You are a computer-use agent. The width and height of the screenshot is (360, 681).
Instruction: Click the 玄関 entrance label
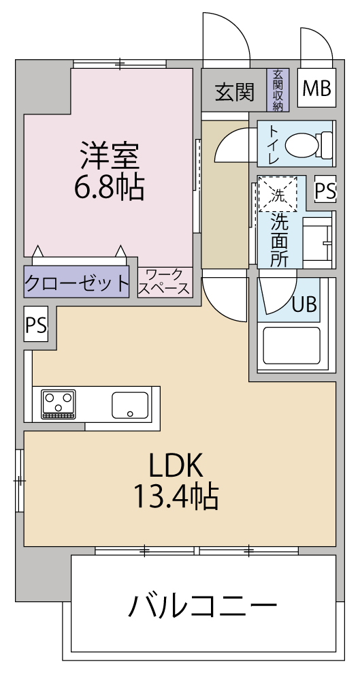[x=235, y=92]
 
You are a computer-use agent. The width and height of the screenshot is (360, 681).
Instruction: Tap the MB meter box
[x=316, y=88]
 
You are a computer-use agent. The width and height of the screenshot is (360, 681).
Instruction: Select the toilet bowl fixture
[x=309, y=144]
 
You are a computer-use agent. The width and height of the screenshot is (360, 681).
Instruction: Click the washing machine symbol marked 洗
[x=278, y=194]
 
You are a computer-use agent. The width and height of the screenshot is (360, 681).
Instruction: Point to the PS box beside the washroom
[x=325, y=189]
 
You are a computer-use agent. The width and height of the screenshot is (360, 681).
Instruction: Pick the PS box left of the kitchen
[x=36, y=324]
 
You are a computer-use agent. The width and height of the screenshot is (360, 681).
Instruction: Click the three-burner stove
[x=59, y=405]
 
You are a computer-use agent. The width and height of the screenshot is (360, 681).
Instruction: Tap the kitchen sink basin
[x=130, y=405]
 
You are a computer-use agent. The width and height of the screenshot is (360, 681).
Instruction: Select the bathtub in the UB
[x=291, y=346]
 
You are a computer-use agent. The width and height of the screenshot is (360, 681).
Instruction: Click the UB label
[x=304, y=304]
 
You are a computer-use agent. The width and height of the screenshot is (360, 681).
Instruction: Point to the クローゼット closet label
[x=76, y=283]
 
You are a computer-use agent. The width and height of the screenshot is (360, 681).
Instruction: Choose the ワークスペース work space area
[x=165, y=283]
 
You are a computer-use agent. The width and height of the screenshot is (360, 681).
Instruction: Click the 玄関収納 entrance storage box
[x=278, y=90]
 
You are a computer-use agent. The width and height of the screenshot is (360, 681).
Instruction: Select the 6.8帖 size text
[x=109, y=187]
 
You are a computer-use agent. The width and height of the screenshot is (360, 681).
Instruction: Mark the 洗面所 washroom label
[x=280, y=240]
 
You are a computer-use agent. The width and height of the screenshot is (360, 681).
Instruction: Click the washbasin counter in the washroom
[x=318, y=243]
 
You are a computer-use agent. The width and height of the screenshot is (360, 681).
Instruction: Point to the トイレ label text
[x=274, y=144]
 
